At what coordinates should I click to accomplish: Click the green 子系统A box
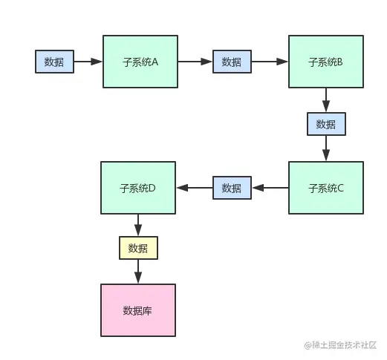pos(140,62)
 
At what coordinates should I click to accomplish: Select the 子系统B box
pos(326,62)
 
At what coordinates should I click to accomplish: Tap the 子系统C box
pos(326,188)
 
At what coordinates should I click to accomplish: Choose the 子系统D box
pos(137,188)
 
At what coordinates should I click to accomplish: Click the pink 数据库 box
pos(137,310)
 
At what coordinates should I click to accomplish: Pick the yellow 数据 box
pos(138,248)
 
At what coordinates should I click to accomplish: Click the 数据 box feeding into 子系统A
pos(54,62)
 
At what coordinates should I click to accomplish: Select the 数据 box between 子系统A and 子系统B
pos(232,62)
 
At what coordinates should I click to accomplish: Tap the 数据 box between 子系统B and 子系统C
pos(326,124)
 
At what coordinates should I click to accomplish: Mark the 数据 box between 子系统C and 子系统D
pos(232,188)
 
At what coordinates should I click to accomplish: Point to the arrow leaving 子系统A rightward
pos(195,62)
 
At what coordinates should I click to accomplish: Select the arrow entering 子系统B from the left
pos(270,62)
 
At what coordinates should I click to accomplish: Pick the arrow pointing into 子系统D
pos(193,188)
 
